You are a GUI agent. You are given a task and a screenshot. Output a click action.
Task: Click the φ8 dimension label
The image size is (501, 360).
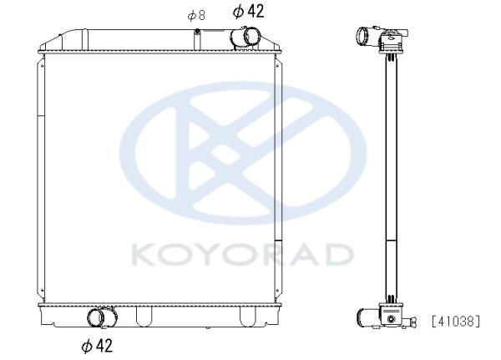pyautogui.click(x=196, y=15)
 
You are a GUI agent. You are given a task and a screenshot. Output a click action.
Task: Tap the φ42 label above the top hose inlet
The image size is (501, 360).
pyautogui.click(x=249, y=12)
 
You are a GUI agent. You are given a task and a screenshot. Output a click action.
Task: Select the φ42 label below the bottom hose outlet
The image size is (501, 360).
pyautogui.click(x=97, y=346)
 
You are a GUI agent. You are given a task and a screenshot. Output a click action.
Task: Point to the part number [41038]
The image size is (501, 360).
pyautogui.click(x=456, y=322)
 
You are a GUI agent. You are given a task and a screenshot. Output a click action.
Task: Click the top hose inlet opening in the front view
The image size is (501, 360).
pyautogui.click(x=252, y=37)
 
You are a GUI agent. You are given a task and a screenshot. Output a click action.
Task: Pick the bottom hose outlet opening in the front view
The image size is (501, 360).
pyautogui.click(x=95, y=317)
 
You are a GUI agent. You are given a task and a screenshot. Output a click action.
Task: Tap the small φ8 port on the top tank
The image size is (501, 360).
pyautogui.click(x=197, y=31)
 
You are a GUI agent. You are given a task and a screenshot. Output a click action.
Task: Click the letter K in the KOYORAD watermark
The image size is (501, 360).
pyautogui.click(x=143, y=255)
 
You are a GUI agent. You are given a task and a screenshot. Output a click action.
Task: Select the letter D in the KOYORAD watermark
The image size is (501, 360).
pyautogui.click(x=339, y=255)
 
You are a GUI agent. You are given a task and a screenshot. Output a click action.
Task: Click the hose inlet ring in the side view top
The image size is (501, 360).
pyautogui.click(x=363, y=36)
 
